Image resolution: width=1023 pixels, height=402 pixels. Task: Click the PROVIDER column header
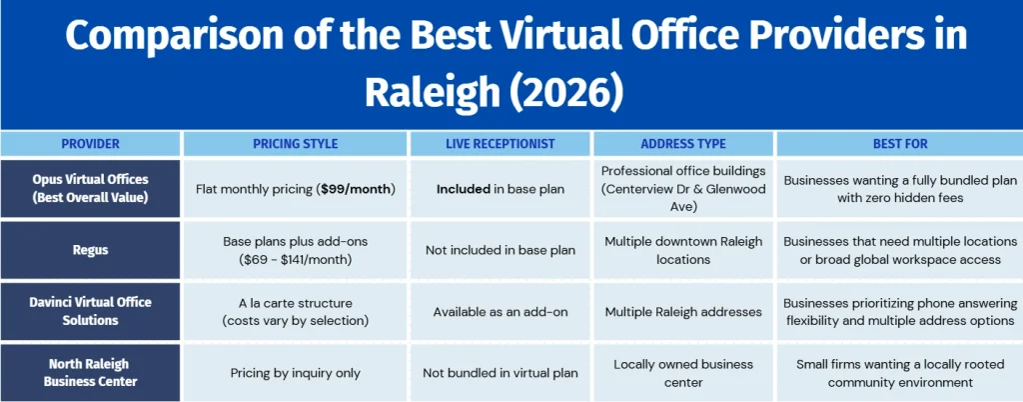(x=90, y=144)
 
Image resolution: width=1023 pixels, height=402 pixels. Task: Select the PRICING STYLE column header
(x=296, y=144)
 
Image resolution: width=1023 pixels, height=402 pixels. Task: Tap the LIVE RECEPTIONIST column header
(x=501, y=144)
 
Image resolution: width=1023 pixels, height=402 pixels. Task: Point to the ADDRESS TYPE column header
(x=683, y=144)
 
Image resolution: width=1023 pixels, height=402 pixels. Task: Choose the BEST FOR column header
(x=900, y=144)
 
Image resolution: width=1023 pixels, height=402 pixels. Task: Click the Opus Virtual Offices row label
(x=90, y=188)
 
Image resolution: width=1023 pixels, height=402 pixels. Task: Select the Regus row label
(x=90, y=250)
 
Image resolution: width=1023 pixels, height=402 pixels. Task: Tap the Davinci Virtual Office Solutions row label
(x=90, y=311)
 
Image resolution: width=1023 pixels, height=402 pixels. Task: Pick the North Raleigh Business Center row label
(x=90, y=373)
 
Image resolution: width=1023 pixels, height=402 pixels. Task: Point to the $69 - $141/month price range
(x=296, y=258)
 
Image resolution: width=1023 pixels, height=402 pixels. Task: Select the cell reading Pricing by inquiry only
(x=296, y=373)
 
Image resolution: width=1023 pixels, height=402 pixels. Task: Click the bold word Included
(x=464, y=189)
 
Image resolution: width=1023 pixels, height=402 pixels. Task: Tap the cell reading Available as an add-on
(x=501, y=312)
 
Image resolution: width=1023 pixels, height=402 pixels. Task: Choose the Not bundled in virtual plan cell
(x=501, y=373)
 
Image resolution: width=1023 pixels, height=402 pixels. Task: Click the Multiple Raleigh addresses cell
(x=683, y=312)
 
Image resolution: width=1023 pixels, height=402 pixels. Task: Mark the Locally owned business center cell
(x=683, y=373)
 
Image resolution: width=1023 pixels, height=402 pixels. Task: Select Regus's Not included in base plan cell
(x=501, y=251)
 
